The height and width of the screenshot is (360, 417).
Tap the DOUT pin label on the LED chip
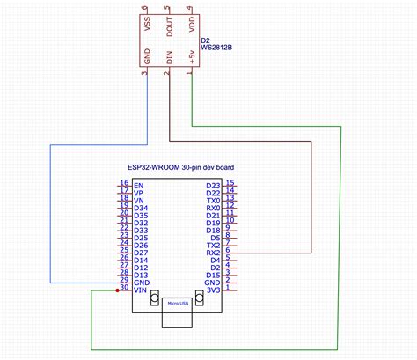pyautogui.click(x=170, y=27)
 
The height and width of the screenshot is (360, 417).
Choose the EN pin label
pyautogui.click(x=138, y=186)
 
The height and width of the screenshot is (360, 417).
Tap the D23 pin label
pyautogui.click(x=212, y=186)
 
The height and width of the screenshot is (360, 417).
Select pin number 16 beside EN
pyautogui.click(x=124, y=182)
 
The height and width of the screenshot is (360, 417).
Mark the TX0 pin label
pyautogui.click(x=212, y=201)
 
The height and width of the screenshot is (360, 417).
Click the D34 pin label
pyautogui.click(x=141, y=208)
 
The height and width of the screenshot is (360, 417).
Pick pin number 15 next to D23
pyautogui.click(x=229, y=182)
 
